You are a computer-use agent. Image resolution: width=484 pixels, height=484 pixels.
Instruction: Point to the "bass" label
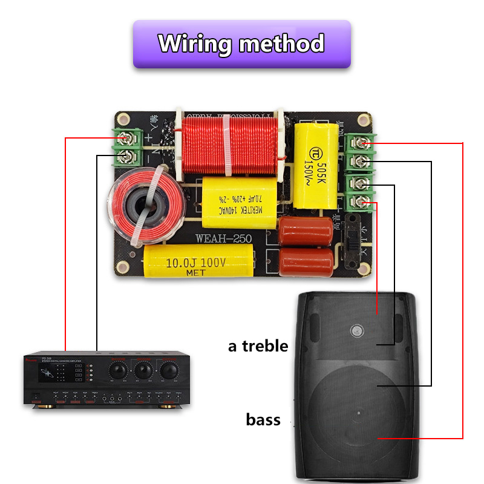263,419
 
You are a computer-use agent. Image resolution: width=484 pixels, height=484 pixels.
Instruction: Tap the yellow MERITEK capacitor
238,199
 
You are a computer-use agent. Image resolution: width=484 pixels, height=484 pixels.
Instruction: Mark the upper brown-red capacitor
306,229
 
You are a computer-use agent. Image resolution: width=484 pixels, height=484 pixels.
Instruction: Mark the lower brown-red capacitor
306,258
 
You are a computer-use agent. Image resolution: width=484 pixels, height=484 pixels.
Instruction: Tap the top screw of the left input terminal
128,139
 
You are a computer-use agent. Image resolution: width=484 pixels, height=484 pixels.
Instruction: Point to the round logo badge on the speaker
356,330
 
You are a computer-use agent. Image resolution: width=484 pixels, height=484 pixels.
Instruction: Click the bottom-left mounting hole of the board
123,266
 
